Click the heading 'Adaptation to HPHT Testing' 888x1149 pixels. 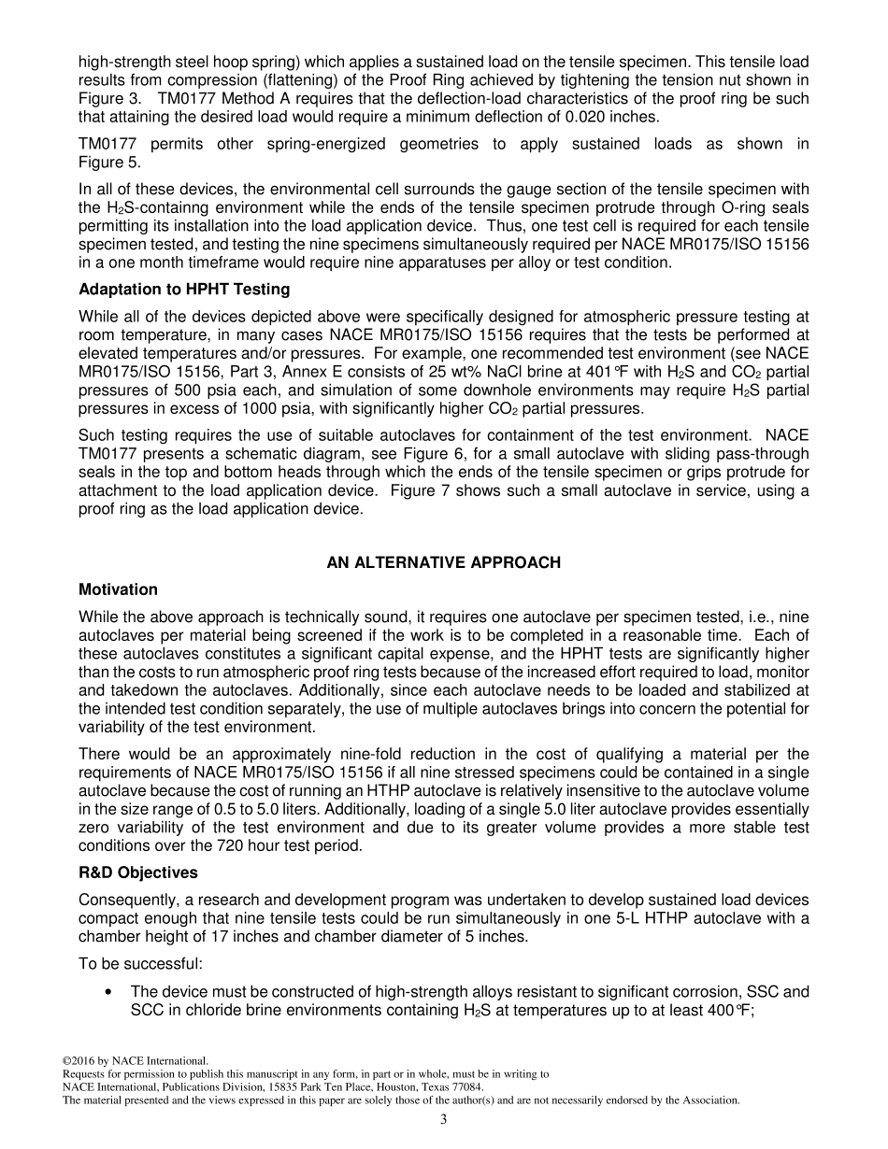[x=184, y=290]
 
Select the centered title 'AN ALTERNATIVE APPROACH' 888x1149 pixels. [x=443, y=562]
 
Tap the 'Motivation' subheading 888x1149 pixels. [x=118, y=589]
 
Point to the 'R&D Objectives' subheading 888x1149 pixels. [x=137, y=872]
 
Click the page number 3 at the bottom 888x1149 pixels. [x=443, y=1119]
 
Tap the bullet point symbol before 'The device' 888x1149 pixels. [x=112, y=992]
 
